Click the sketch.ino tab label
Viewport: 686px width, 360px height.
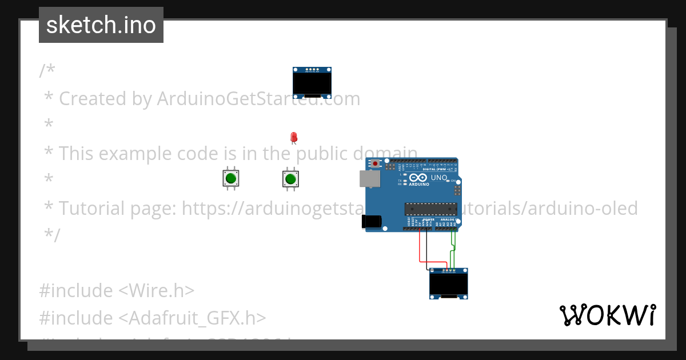(x=101, y=25)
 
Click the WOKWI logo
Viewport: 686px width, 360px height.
(x=607, y=315)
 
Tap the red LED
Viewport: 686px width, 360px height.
(x=294, y=137)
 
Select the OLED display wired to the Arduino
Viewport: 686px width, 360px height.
(x=449, y=283)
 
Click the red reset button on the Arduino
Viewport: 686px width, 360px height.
(x=375, y=164)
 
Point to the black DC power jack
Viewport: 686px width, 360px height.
(x=371, y=222)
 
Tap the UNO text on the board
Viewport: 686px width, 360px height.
(x=438, y=178)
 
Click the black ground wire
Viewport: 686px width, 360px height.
(x=428, y=251)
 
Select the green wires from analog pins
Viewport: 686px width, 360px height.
(x=453, y=249)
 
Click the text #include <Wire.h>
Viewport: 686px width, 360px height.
(x=117, y=290)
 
